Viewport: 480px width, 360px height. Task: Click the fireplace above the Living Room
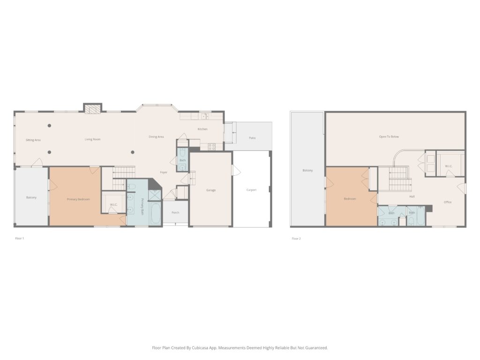[x=92, y=108]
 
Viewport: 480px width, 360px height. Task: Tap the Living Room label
[x=92, y=139]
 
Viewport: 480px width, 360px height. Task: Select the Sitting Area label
[x=33, y=140]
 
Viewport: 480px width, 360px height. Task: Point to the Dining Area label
[x=156, y=137]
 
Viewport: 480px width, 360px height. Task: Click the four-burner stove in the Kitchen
[x=211, y=147]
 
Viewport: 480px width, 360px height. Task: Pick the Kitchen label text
[x=202, y=129]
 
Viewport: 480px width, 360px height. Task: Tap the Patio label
[x=252, y=138]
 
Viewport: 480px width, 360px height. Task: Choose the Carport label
[x=251, y=190]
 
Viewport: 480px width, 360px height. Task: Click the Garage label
[x=211, y=190]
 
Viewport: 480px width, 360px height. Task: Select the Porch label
[x=175, y=212]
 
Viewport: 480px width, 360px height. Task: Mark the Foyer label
[x=164, y=172]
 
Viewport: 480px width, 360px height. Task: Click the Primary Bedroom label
[x=78, y=199]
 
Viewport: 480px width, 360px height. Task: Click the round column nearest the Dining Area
[x=133, y=152]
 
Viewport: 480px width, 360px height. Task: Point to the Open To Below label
[x=389, y=136]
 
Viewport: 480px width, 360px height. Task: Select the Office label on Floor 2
[x=448, y=202]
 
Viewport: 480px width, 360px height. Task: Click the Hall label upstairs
[x=412, y=196]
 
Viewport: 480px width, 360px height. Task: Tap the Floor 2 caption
[x=296, y=239]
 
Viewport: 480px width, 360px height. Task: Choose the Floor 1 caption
[x=19, y=238]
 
